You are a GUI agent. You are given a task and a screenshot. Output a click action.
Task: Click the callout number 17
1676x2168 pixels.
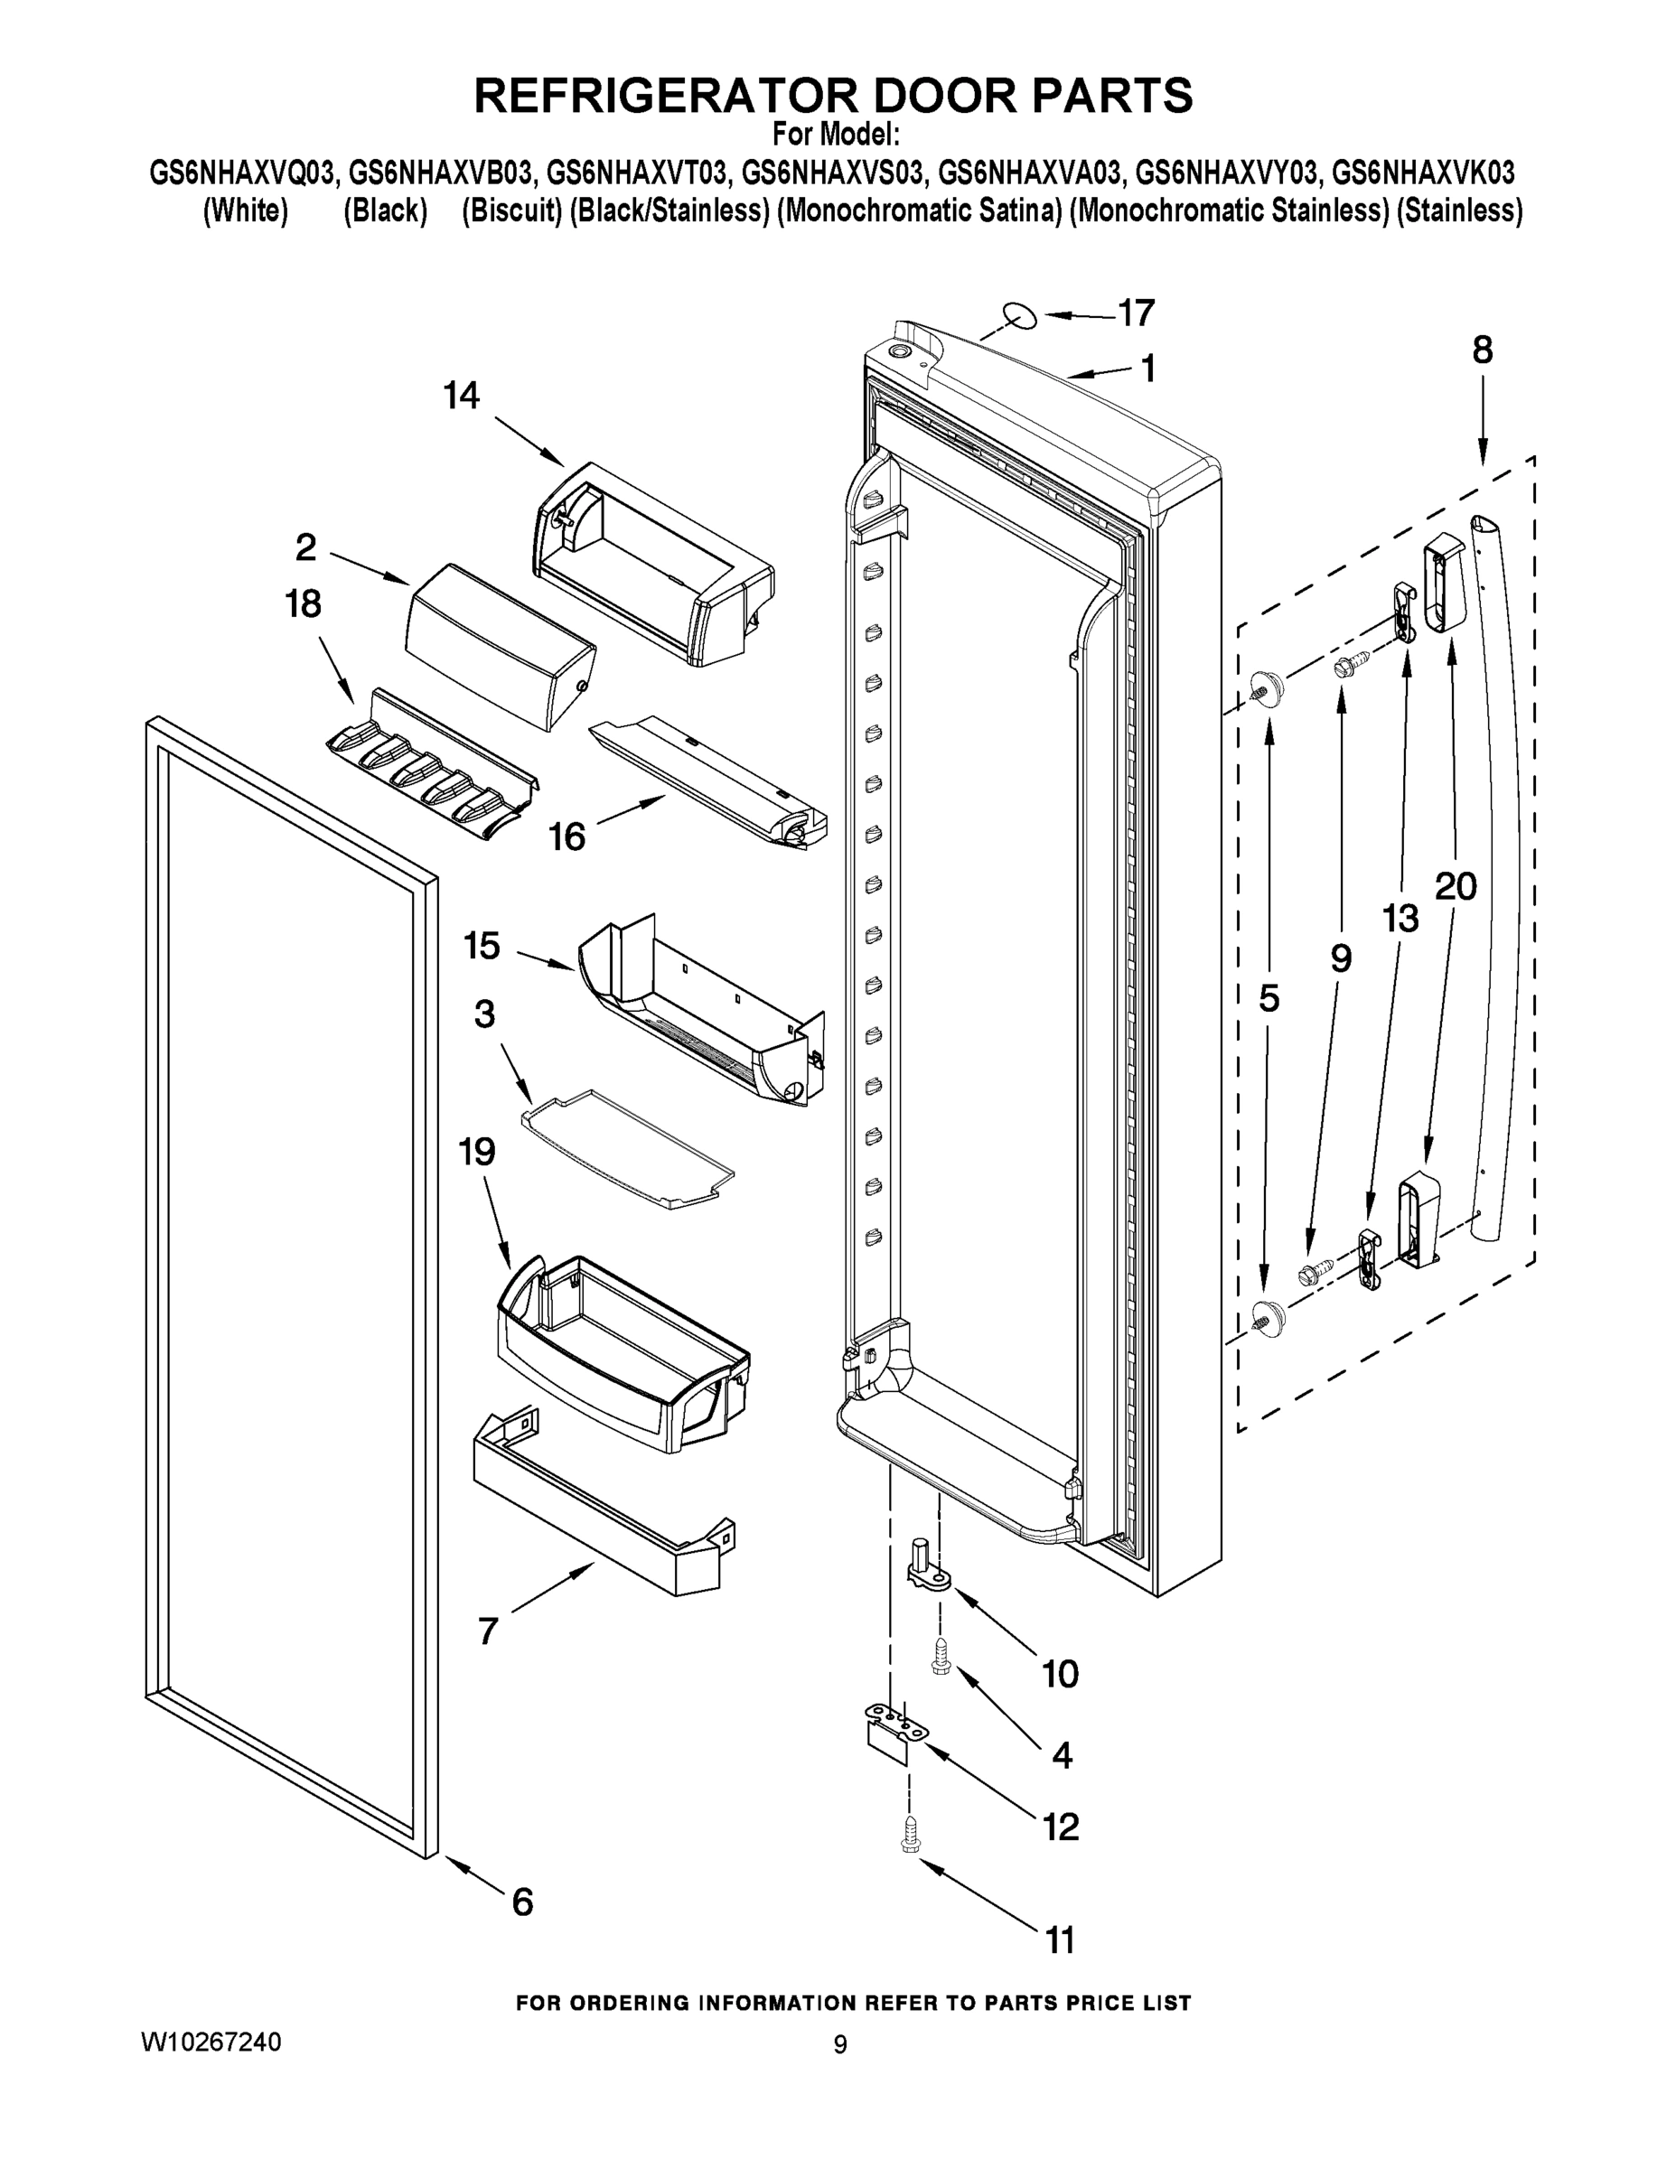pyautogui.click(x=1136, y=313)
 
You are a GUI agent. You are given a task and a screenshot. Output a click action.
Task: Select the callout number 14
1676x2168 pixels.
pyautogui.click(x=461, y=396)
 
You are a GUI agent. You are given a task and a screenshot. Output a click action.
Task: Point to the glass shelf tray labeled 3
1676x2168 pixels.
pyautogui.click(x=629, y=1148)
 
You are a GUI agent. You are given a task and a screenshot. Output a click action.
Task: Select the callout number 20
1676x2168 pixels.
pyautogui.click(x=1456, y=885)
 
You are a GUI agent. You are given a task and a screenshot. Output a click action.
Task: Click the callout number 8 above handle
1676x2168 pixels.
pyautogui.click(x=1482, y=350)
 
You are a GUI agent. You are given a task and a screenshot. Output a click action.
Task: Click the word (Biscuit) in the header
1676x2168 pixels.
pyautogui.click(x=511, y=211)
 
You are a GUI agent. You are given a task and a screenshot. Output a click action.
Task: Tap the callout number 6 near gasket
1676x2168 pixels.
pyautogui.click(x=522, y=1902)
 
